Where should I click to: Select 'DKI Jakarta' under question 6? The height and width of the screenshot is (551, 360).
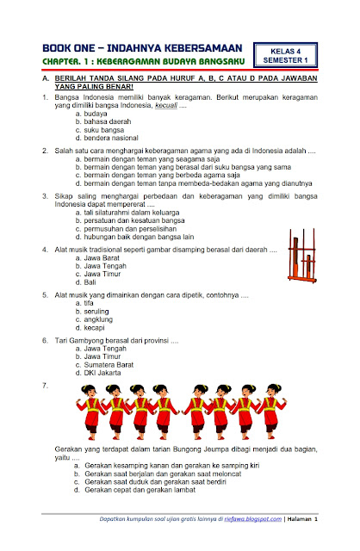click(x=100, y=375)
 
